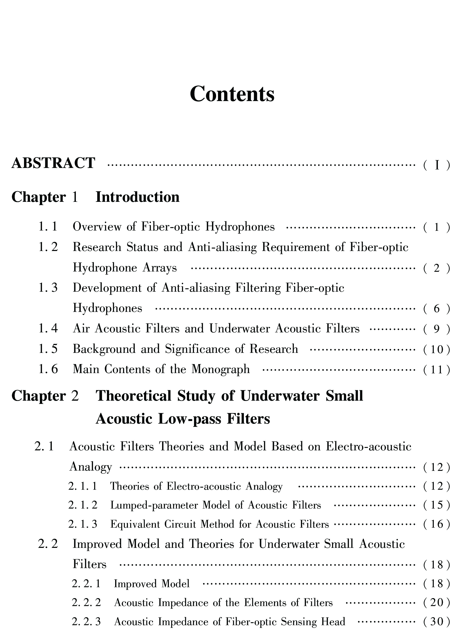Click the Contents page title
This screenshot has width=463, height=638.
click(x=232, y=94)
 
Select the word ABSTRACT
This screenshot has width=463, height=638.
click(x=53, y=163)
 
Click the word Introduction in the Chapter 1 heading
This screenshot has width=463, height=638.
click(x=138, y=197)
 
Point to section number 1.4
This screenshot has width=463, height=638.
click(x=48, y=329)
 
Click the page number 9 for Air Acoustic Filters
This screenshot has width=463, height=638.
click(x=437, y=329)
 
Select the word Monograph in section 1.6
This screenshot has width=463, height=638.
click(x=220, y=369)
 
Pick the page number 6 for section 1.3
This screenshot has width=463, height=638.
click(x=437, y=309)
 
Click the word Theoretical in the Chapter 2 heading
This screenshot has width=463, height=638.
click(x=133, y=396)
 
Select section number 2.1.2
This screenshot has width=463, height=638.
click(x=83, y=505)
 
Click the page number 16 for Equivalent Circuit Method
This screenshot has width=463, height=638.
click(x=437, y=524)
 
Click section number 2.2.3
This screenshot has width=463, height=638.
click(x=86, y=622)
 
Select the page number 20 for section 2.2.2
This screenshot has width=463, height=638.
click(x=437, y=603)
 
